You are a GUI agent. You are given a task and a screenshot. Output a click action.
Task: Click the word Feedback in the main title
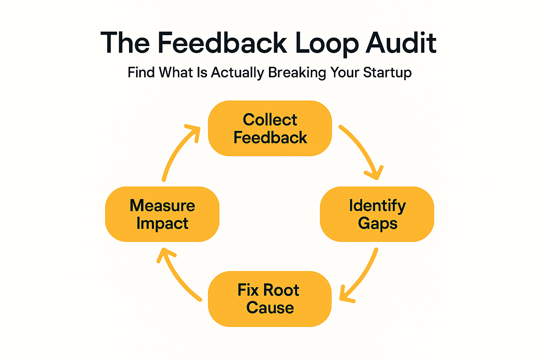[x=222, y=43]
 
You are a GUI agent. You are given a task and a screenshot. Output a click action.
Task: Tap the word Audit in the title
[x=401, y=43]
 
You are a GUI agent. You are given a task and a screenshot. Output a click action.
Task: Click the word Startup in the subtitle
[x=387, y=73]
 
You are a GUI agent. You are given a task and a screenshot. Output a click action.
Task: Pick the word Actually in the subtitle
[x=237, y=73]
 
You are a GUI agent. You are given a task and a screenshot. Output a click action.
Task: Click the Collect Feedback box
[x=270, y=128]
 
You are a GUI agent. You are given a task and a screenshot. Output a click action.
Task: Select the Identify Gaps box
[x=377, y=214]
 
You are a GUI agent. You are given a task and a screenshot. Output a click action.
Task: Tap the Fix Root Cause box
[x=270, y=299]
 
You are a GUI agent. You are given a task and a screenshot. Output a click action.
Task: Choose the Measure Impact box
[x=162, y=214]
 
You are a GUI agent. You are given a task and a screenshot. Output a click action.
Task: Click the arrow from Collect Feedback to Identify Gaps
[x=362, y=149]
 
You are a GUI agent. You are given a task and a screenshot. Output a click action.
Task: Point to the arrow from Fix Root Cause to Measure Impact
[x=176, y=274]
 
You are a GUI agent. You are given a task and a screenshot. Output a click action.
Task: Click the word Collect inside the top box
[x=270, y=120]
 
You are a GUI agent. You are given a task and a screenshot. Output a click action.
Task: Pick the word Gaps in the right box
[x=378, y=224]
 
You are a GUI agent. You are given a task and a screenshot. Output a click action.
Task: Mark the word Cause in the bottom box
[x=270, y=308]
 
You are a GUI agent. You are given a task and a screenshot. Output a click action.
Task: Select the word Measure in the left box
[x=162, y=206]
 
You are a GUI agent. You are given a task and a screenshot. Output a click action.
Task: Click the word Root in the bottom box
[x=281, y=290]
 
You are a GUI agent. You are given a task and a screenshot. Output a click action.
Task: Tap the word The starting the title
[x=125, y=43]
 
